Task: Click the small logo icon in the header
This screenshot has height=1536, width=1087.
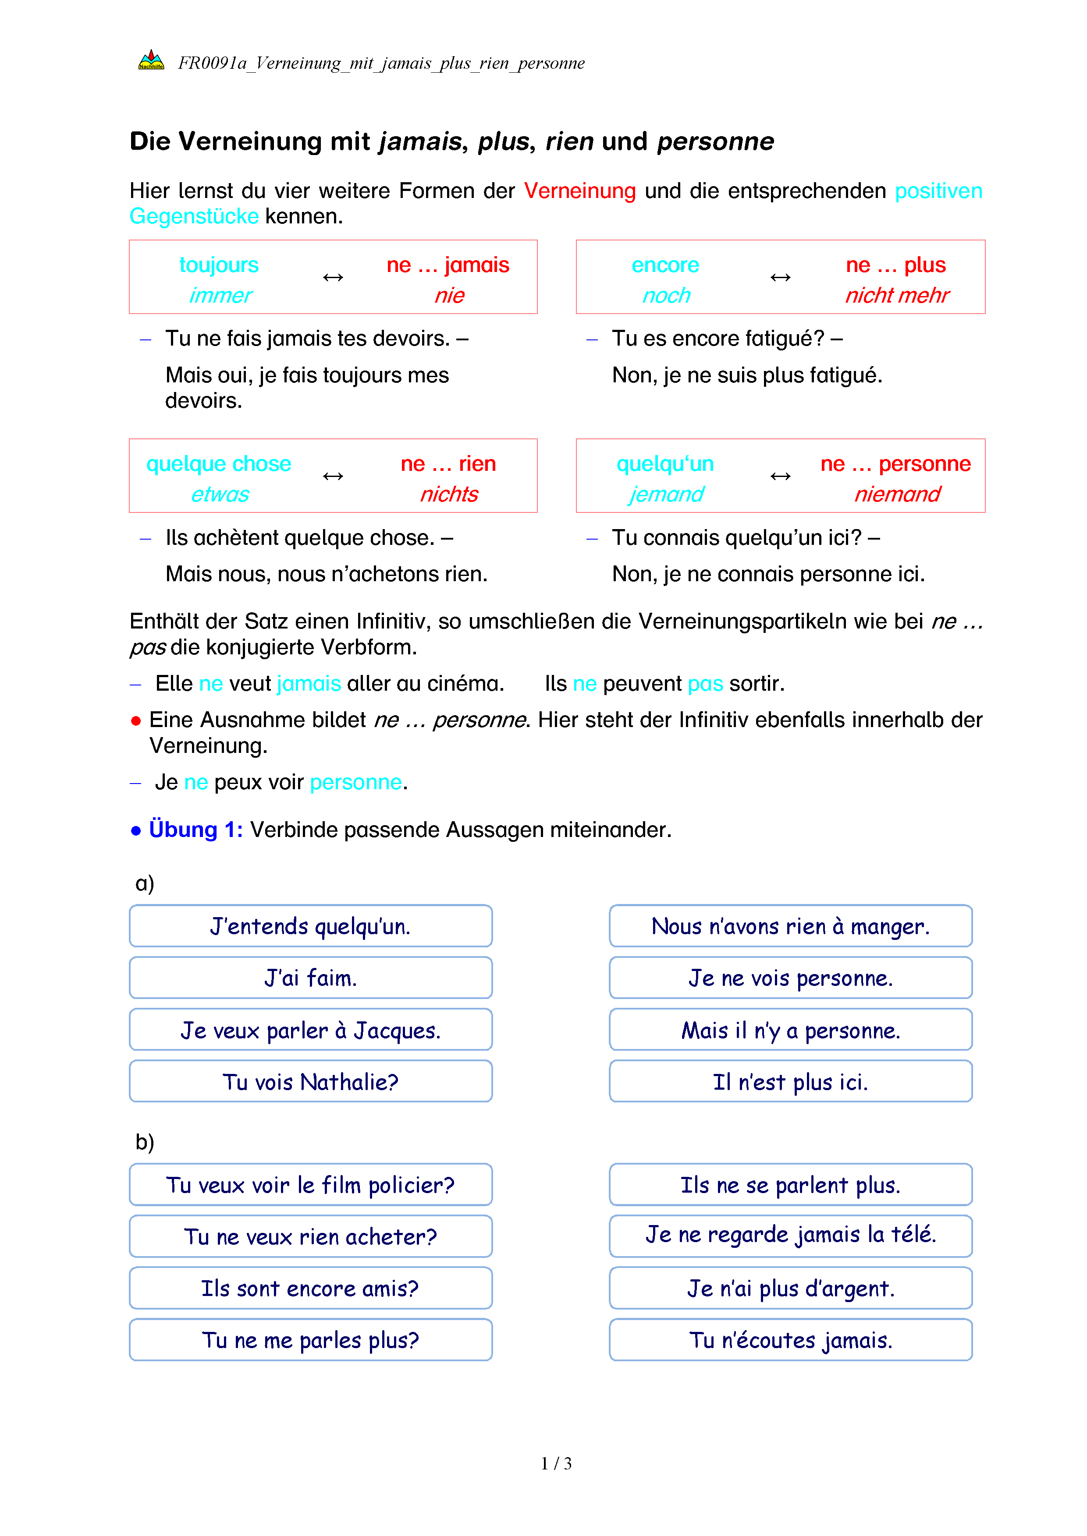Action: tap(151, 61)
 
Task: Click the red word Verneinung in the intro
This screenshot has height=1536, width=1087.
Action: tap(579, 191)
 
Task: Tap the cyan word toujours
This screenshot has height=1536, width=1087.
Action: tap(219, 265)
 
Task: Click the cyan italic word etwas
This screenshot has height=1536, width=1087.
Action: tap(220, 494)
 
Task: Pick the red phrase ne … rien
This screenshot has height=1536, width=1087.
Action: tap(448, 464)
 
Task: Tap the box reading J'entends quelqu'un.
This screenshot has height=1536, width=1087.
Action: tap(311, 926)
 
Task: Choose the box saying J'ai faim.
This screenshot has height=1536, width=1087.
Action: tap(311, 978)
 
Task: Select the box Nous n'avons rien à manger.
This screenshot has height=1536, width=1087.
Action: tap(790, 926)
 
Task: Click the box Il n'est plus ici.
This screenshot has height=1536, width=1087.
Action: tap(790, 1082)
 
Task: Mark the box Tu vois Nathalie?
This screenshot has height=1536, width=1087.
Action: tap(311, 1082)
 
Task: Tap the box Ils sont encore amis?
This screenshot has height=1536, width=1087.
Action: tap(311, 1289)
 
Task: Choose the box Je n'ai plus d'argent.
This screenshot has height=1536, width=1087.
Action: tap(790, 1289)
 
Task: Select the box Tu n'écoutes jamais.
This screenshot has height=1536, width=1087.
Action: tap(790, 1340)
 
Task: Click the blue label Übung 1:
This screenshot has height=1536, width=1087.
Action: tap(195, 830)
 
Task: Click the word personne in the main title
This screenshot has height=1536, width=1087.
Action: tap(715, 142)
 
